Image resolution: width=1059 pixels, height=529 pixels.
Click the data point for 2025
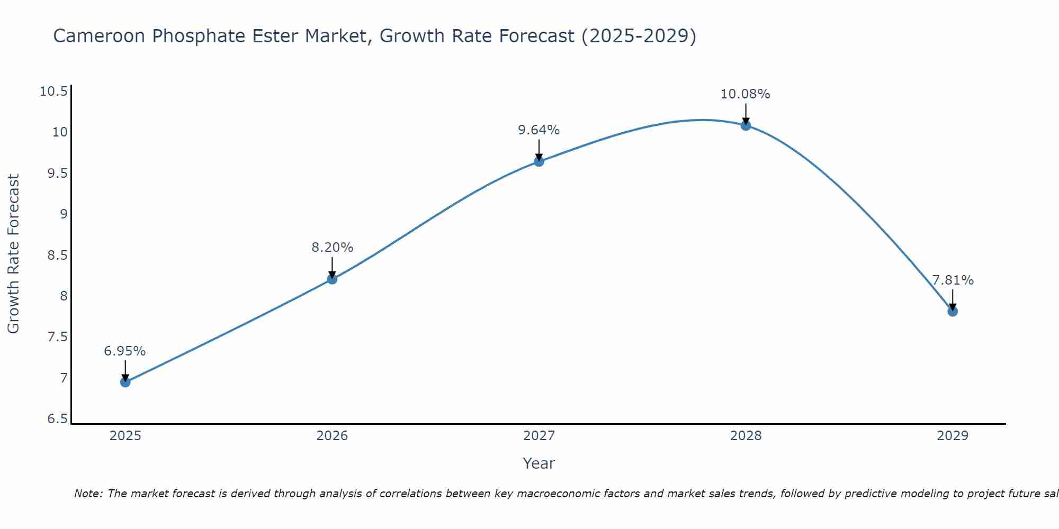[125, 382]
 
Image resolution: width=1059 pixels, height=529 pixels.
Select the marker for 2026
[332, 279]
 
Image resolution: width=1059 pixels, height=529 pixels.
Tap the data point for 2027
[539, 161]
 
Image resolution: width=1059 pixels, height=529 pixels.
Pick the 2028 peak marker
[746, 125]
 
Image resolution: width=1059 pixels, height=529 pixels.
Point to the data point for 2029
[953, 312]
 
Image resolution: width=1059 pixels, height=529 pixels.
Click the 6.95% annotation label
[125, 351]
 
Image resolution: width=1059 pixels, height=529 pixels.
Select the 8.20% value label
[332, 248]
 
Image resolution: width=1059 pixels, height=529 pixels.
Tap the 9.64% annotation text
[539, 130]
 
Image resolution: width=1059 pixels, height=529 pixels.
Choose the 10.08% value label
[745, 94]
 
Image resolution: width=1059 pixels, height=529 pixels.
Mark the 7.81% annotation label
[953, 280]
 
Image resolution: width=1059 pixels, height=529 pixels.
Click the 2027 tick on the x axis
[539, 436]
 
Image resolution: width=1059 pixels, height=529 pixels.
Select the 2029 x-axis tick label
[953, 436]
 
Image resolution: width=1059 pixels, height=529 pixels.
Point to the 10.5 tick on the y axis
[54, 92]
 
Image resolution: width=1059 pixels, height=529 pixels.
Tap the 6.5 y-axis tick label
[58, 419]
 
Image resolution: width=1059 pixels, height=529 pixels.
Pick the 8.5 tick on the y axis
[58, 256]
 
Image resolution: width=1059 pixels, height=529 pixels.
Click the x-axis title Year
[539, 463]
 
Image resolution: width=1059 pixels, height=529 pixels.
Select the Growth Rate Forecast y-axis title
[13, 254]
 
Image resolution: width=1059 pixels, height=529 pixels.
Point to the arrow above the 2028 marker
[746, 113]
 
